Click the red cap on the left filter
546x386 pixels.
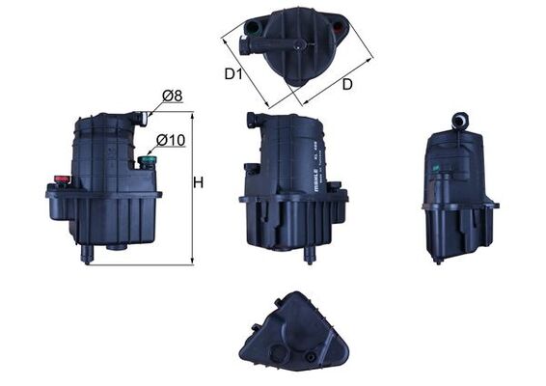[x=63, y=179]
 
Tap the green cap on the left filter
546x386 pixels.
[x=147, y=161]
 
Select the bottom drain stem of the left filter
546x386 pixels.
[x=88, y=254]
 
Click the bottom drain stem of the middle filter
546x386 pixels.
[x=310, y=253]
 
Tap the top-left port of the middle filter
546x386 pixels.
[x=252, y=121]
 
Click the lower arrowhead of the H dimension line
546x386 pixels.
[x=193, y=262]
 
